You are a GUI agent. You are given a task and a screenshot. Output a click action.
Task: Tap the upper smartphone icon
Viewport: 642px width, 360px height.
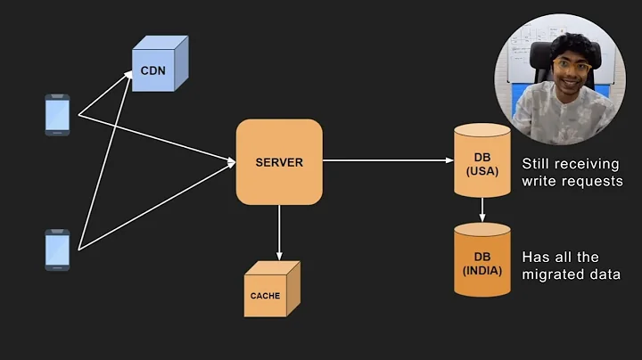(x=57, y=115)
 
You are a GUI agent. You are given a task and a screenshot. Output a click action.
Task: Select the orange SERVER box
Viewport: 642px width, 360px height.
(x=278, y=161)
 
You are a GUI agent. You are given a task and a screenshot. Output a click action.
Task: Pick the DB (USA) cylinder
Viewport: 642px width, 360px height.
(x=482, y=161)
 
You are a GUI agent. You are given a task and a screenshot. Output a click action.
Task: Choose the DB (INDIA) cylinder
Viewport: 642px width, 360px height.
(x=482, y=259)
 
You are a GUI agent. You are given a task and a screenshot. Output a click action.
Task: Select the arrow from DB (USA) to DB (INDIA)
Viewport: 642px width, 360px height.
(x=482, y=209)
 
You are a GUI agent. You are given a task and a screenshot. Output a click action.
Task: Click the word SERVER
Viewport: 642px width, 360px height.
(x=278, y=162)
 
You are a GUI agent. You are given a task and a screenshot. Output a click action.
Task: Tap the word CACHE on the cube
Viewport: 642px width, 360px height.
(x=265, y=296)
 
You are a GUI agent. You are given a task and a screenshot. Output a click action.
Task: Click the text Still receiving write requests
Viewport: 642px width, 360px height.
(x=572, y=173)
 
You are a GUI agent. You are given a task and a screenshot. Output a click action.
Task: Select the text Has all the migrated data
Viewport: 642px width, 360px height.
(x=571, y=266)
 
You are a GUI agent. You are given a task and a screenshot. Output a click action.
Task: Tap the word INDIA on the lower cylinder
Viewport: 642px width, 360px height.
(x=482, y=270)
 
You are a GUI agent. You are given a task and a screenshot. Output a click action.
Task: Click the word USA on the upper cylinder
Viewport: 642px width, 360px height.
(x=482, y=172)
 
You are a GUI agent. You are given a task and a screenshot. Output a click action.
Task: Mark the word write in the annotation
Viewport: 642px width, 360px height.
(x=538, y=182)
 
